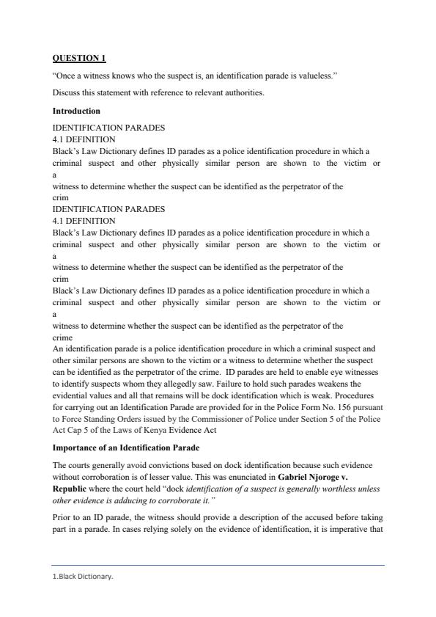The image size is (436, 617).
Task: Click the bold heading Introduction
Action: coord(76,111)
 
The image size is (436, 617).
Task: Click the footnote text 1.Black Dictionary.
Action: coord(83,577)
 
